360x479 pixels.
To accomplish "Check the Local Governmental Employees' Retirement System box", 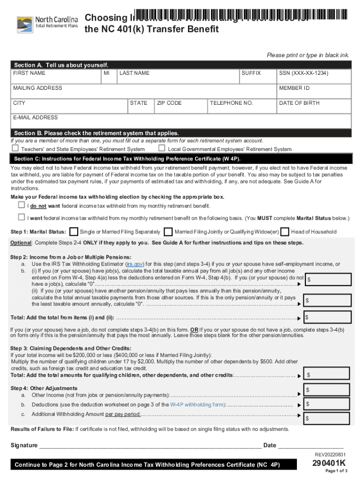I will tap(162, 149).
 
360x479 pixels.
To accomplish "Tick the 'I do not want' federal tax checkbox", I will tap(21, 205).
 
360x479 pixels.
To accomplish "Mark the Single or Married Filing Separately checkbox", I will tap(74, 232).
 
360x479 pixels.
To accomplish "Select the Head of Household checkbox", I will tap(285, 232).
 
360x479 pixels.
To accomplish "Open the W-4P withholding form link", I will tap(197, 405).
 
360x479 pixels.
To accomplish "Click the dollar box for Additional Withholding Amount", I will tap(327, 418).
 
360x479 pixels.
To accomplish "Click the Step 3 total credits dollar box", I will tap(327, 375).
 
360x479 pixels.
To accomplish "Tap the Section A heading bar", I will tap(180, 65).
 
